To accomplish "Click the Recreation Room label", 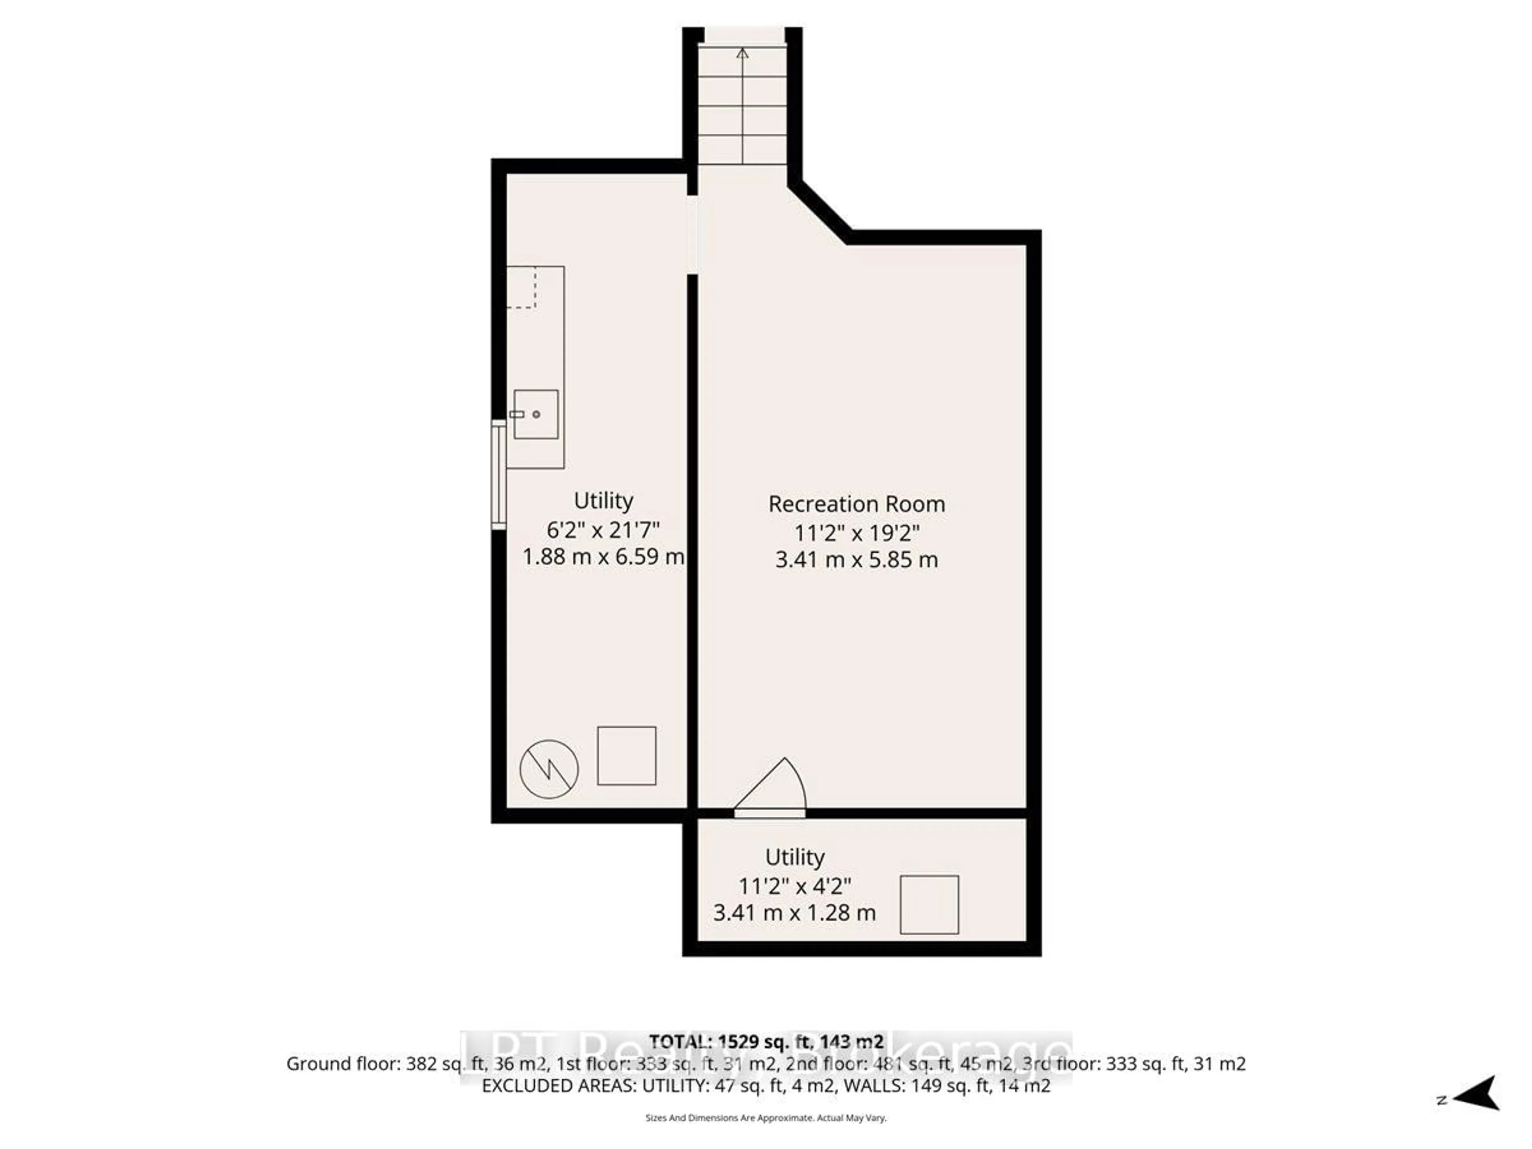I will tap(857, 504).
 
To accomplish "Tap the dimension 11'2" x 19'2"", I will tap(857, 533).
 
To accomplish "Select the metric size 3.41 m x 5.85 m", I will tap(857, 560).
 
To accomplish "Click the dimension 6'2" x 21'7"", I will tap(603, 530).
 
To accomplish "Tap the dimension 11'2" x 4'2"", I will tap(794, 886).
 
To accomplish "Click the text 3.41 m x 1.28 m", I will tap(794, 913).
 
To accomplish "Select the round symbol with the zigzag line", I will tap(549, 769).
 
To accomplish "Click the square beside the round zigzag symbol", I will tap(627, 756).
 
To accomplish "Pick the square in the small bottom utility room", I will tap(930, 904).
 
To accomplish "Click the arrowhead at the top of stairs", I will tap(742, 53).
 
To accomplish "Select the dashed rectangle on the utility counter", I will tap(521, 287).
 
